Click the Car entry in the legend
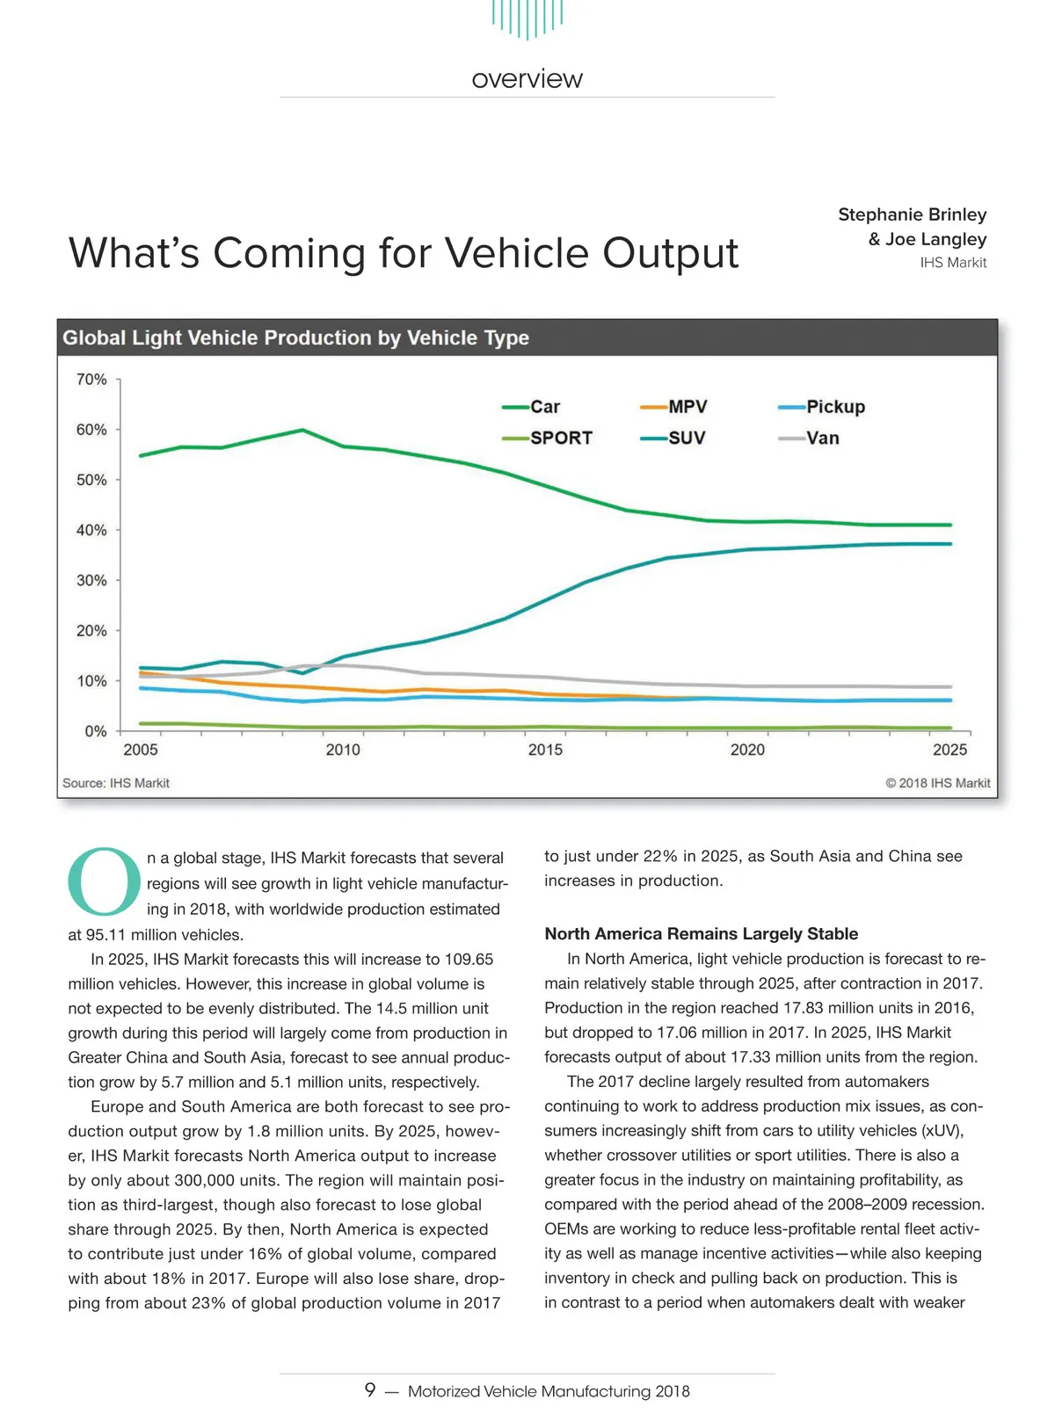(x=532, y=407)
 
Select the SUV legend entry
(x=673, y=438)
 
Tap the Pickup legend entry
(x=822, y=407)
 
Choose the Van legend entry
(x=810, y=438)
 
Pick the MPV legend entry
(x=674, y=407)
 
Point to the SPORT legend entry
(x=548, y=438)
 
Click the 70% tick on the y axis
(x=91, y=380)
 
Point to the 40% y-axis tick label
(x=91, y=530)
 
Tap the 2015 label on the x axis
(x=545, y=750)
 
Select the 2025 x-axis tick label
(x=949, y=750)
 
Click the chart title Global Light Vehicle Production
(x=295, y=338)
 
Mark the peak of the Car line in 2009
(x=302, y=430)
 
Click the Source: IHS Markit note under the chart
(x=116, y=783)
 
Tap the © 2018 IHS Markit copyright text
(x=937, y=783)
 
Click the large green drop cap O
(x=104, y=881)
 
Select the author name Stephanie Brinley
(x=912, y=214)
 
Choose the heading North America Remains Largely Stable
(x=701, y=933)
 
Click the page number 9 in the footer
(x=370, y=1389)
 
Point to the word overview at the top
(x=527, y=79)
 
